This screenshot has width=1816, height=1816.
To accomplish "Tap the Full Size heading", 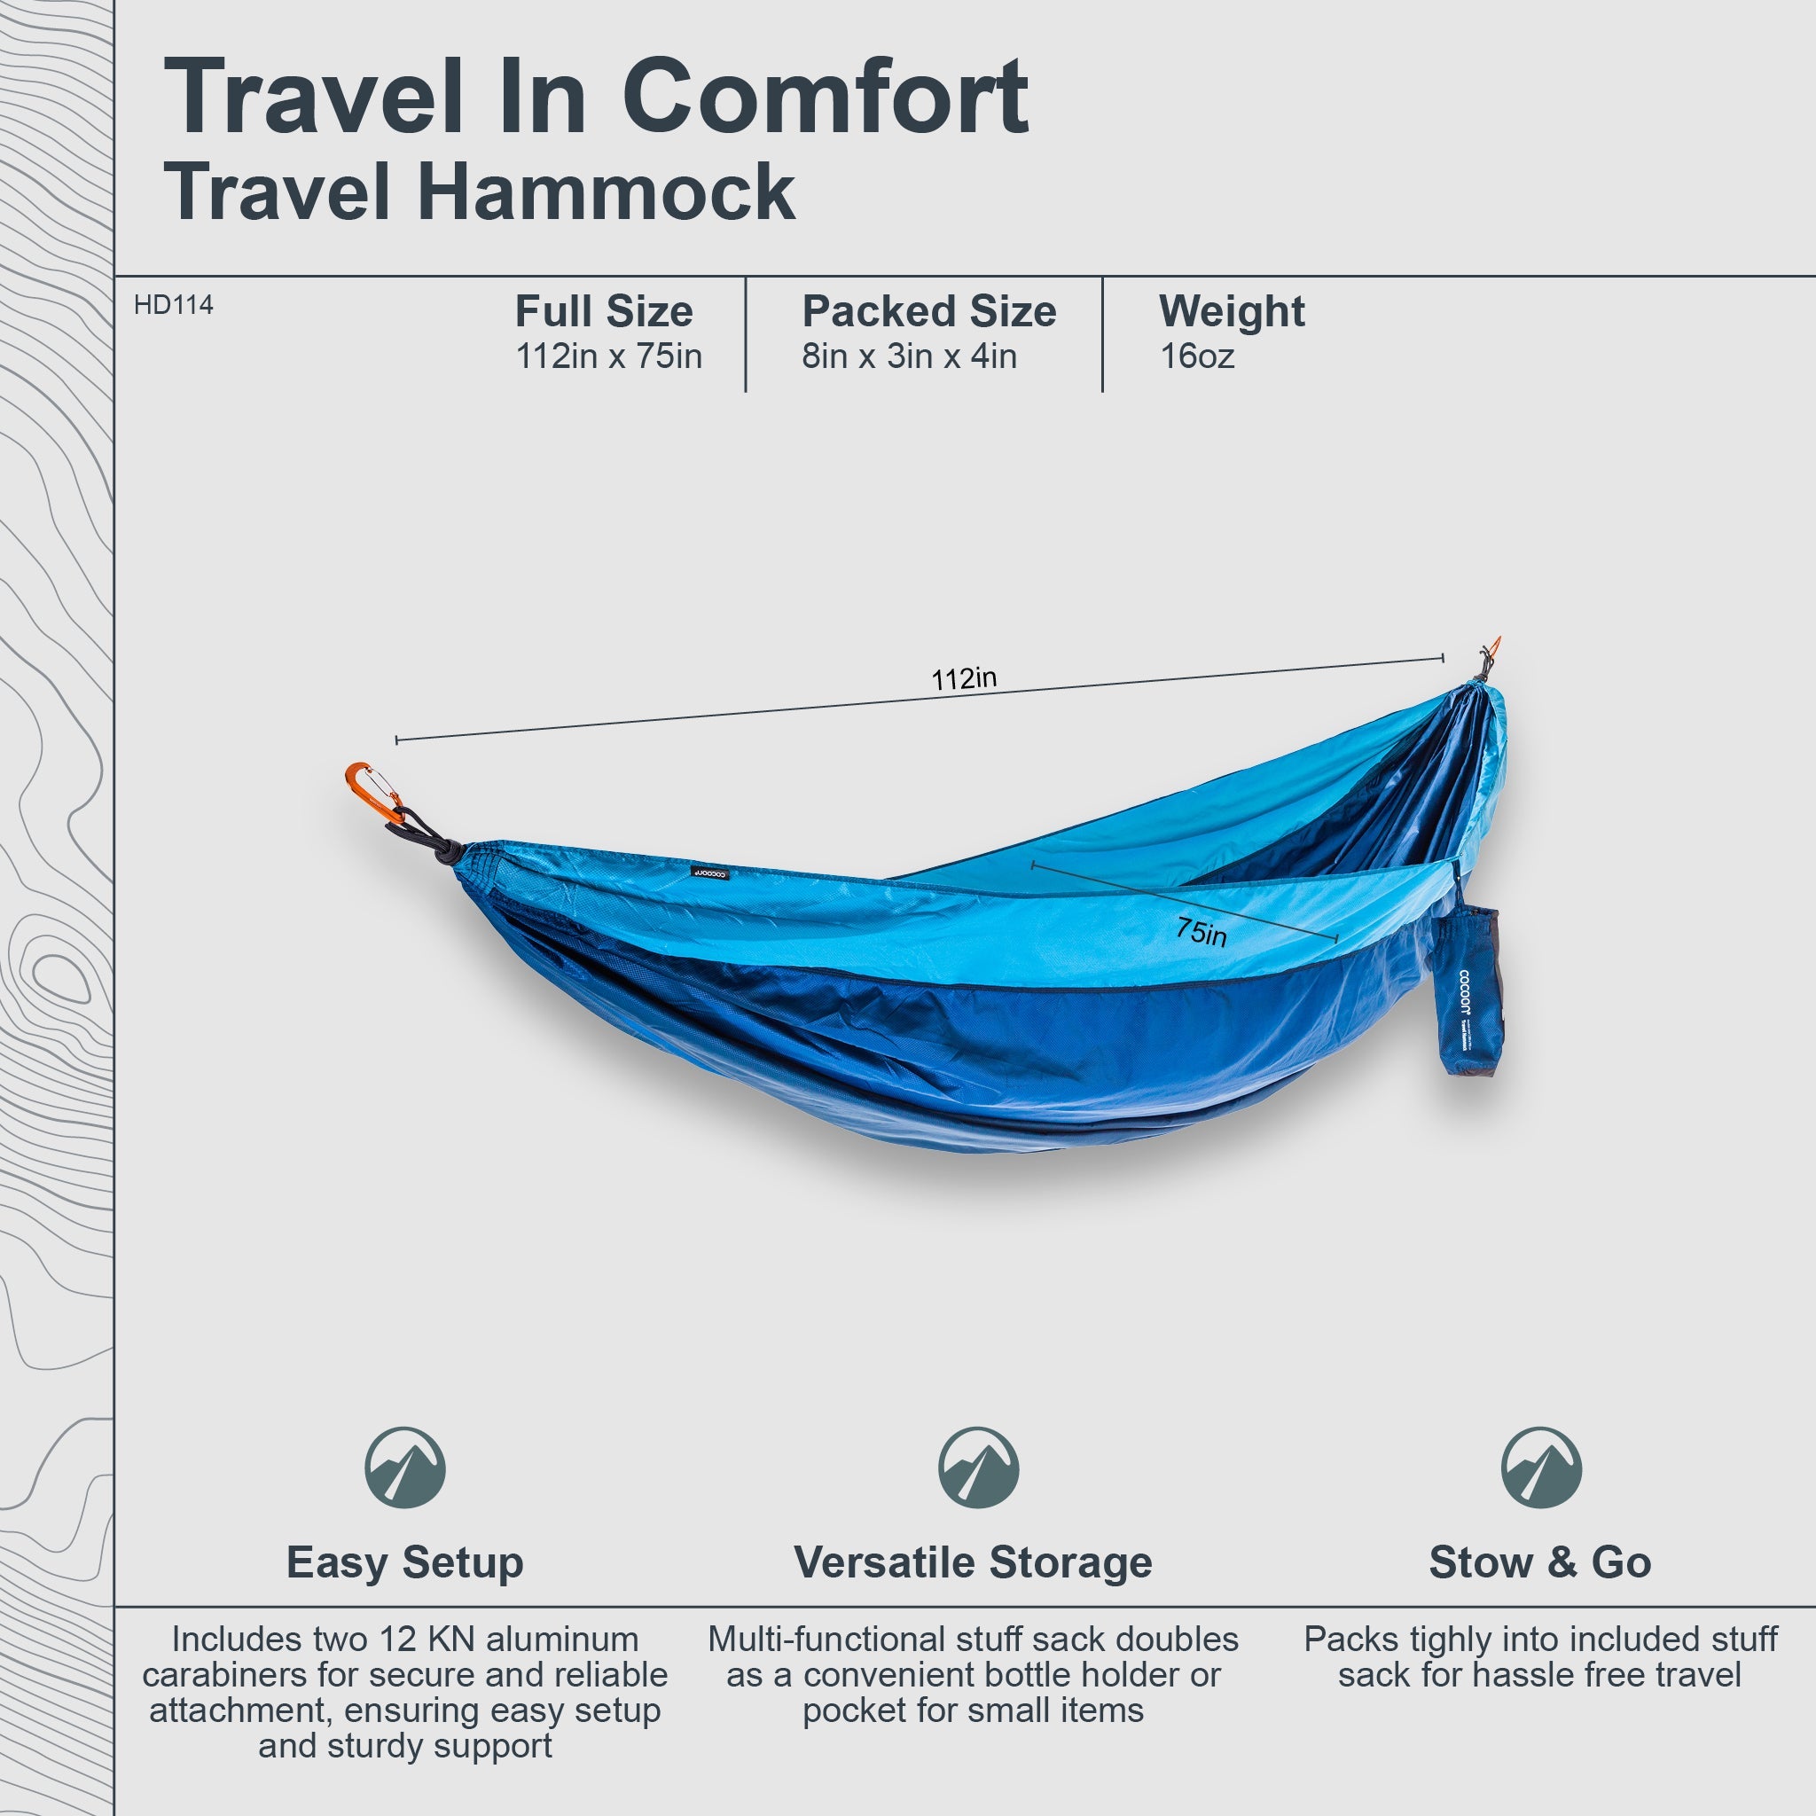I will [604, 311].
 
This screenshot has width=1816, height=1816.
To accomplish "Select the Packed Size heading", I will [928, 311].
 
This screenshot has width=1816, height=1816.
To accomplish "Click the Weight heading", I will [1232, 311].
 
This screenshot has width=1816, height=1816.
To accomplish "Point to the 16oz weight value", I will [1196, 356].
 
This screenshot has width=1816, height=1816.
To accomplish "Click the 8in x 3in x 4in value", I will [909, 356].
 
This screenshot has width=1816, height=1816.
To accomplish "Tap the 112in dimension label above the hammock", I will [964, 677].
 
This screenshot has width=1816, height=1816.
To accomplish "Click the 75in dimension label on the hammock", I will [1202, 932].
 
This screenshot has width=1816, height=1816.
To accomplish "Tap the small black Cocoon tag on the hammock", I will [710, 873].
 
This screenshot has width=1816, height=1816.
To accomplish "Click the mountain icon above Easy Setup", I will [405, 1468].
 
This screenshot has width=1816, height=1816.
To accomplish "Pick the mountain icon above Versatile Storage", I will [977, 1468].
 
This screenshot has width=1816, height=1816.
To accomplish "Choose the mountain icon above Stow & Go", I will [1540, 1468].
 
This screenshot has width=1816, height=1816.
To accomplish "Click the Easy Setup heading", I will [405, 1562].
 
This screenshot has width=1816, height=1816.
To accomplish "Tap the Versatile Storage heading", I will [973, 1562].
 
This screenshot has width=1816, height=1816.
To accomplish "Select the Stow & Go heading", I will [1539, 1562].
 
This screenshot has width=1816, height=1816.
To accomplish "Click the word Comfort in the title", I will [826, 97].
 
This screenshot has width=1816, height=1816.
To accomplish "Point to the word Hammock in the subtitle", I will [607, 192].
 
